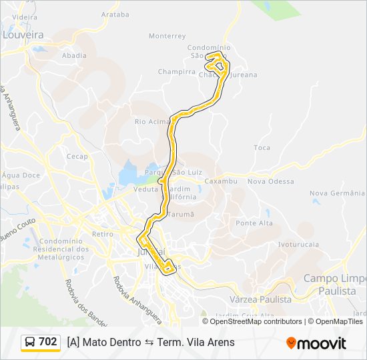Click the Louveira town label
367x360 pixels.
tap(23, 35)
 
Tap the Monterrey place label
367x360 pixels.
tap(167, 36)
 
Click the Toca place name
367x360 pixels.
tap(262, 147)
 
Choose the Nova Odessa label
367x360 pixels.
tap(270, 181)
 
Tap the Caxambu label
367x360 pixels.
tap(221, 181)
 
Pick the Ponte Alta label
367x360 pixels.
tap(254, 223)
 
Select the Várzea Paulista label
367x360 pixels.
tap(261, 300)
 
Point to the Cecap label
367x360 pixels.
tap(77, 157)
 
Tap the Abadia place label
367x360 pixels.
tap(74, 56)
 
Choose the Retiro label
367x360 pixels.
tap(103, 234)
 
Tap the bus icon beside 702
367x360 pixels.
tap(30, 342)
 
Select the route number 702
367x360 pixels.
tap(47, 342)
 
